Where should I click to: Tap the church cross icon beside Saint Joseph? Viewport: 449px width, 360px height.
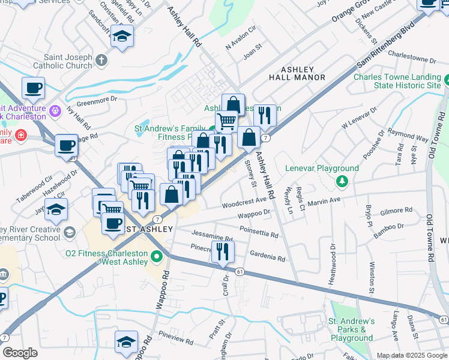click(x=101, y=60)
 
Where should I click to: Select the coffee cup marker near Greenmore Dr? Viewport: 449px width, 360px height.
click(x=34, y=88)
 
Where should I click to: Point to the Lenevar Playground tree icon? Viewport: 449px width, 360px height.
click(x=342, y=181)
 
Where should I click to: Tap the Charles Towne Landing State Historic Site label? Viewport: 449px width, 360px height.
click(x=397, y=81)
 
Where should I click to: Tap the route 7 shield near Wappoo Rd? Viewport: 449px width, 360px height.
click(x=156, y=218)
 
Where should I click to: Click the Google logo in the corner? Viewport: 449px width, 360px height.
click(x=20, y=353)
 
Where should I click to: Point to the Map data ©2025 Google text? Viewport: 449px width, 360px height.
click(x=411, y=355)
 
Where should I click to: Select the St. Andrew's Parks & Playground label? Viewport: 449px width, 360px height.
click(x=351, y=329)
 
